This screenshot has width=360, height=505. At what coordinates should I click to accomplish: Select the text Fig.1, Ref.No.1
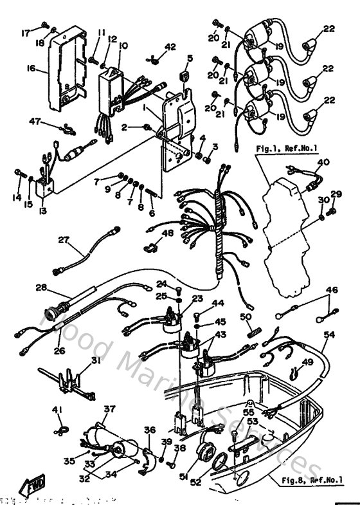pyautogui.click(x=286, y=149)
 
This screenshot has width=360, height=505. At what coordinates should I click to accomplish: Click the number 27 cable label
pyautogui.click(x=63, y=240)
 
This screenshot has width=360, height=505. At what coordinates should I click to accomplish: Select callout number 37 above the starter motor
pyautogui.click(x=109, y=409)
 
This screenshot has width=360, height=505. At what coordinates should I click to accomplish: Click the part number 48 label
pyautogui.click(x=167, y=233)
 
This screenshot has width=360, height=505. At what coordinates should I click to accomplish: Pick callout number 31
pyautogui.click(x=96, y=361)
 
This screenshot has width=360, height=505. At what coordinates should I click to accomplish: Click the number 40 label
pyautogui.click(x=323, y=161)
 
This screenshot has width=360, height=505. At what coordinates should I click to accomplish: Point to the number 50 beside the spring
pyautogui.click(x=245, y=317)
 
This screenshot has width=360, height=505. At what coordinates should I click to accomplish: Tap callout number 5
pyautogui.click(x=190, y=58)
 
